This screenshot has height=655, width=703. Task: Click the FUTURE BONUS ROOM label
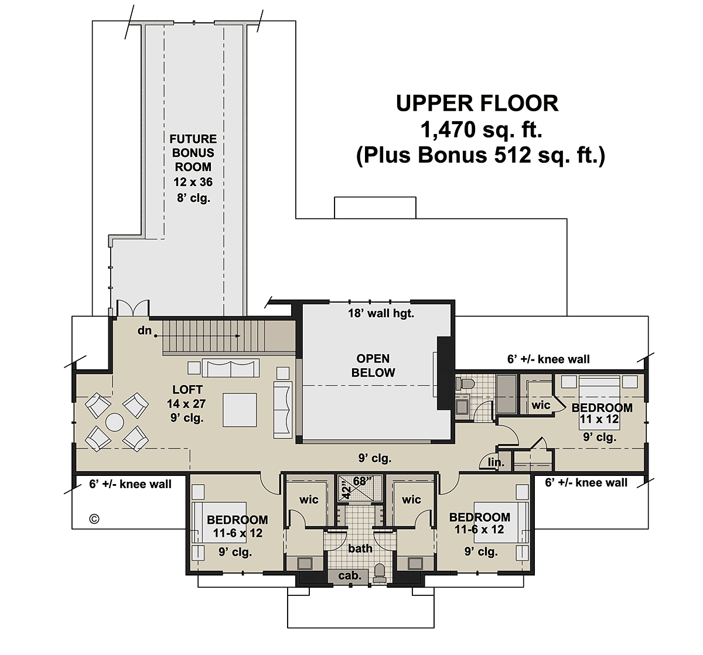tap(193, 153)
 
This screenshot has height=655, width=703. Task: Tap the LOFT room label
tap(187, 390)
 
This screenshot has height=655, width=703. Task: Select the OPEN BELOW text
tap(373, 365)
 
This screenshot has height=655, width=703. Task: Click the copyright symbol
tap(94, 519)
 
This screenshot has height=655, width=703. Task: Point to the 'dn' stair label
tap(145, 331)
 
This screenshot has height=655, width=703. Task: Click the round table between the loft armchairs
tap(115, 423)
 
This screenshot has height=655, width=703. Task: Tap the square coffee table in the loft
tap(240, 410)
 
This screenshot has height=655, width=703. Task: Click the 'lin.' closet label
tap(496, 462)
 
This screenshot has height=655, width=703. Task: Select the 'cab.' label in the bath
tap(350, 576)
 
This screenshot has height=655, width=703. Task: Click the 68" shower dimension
tap(362, 481)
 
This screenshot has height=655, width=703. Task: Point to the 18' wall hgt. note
tap(381, 313)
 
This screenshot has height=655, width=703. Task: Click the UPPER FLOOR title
tap(477, 104)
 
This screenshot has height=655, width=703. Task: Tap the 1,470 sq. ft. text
tap(482, 129)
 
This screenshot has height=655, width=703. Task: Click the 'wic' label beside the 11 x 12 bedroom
tap(541, 405)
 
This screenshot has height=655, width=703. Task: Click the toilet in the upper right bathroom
tap(464, 383)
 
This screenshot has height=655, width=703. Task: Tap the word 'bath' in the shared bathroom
tap(360, 548)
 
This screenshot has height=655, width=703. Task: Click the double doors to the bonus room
tap(133, 307)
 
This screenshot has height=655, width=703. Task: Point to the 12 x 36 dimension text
tap(193, 182)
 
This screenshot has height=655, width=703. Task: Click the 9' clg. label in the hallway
tap(375, 458)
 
